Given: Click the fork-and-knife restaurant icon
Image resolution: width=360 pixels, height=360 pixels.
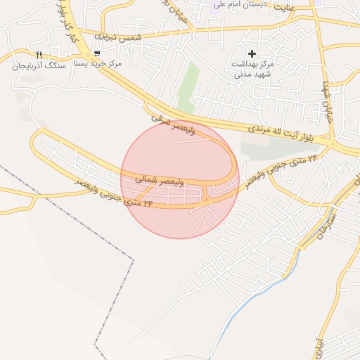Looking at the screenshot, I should pos(39,55).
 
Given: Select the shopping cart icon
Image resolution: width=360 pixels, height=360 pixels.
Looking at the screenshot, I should pos(96,53).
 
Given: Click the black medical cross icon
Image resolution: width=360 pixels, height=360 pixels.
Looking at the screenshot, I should pos(252,53).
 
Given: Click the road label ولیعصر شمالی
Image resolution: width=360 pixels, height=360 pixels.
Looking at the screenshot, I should pos(160,181).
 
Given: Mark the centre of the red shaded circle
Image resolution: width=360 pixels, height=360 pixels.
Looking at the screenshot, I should pos(180,179).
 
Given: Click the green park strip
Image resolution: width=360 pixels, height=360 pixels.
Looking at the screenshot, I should pos(186,88).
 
